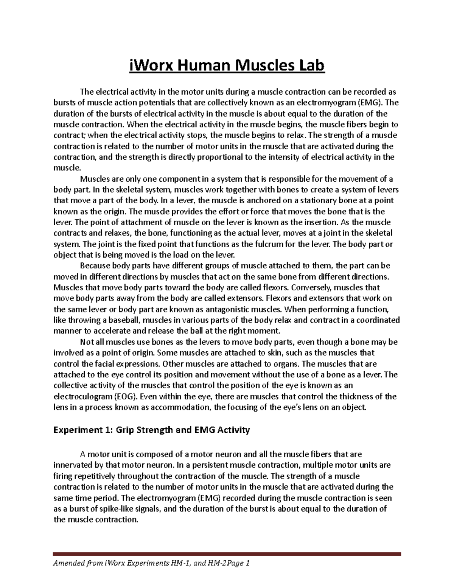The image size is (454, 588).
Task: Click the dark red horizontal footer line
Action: tap(227, 554)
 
